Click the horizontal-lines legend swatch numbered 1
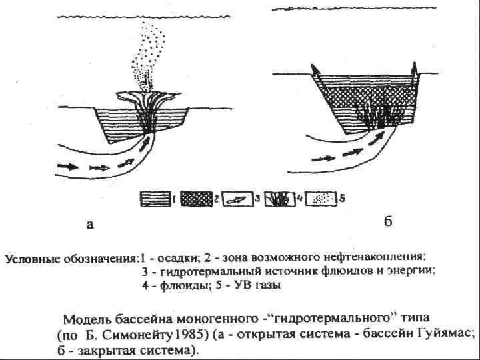click(155, 199)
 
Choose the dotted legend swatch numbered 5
click(322, 199)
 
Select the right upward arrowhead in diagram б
click(414, 66)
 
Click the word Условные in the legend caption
click(31, 257)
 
